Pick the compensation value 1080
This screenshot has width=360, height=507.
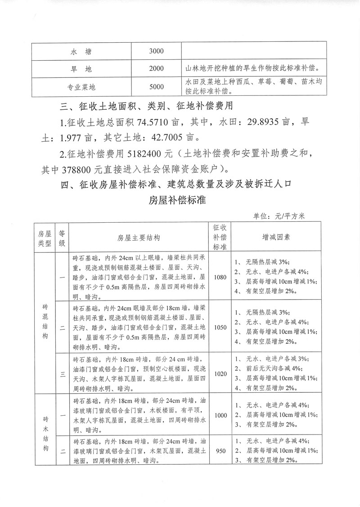(221, 277)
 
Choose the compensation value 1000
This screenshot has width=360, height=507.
(221, 416)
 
